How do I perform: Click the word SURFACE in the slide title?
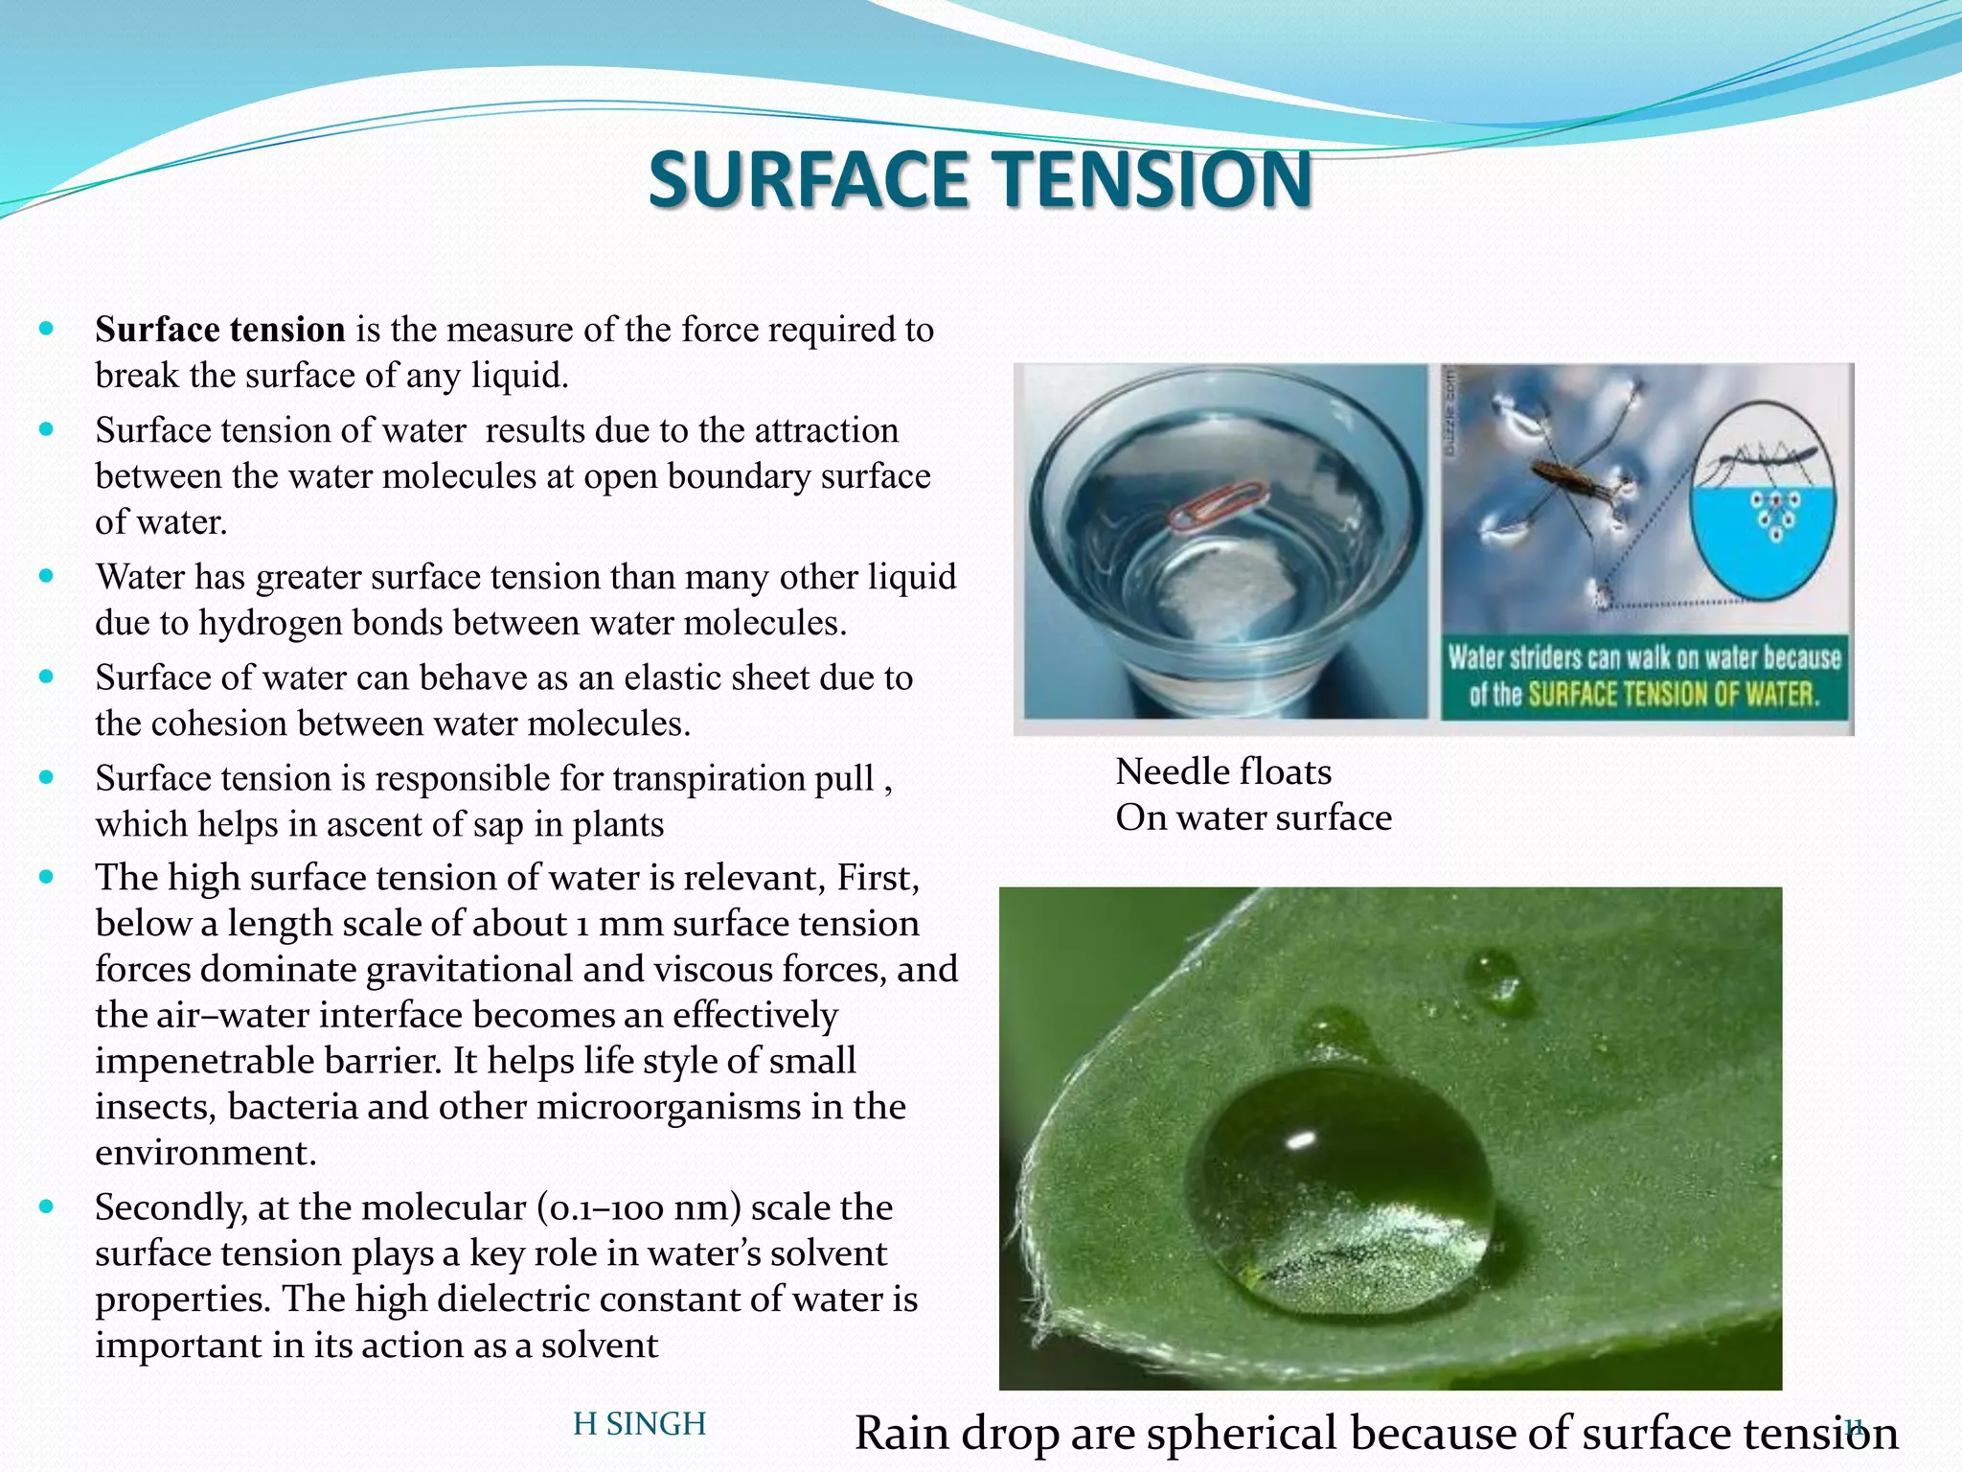(x=808, y=179)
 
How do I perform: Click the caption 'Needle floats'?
(x=1223, y=771)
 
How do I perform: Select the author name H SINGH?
(x=639, y=1424)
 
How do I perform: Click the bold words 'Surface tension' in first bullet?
(x=219, y=330)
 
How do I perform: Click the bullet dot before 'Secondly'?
(x=46, y=1207)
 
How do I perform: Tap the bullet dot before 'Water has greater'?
(x=46, y=576)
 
